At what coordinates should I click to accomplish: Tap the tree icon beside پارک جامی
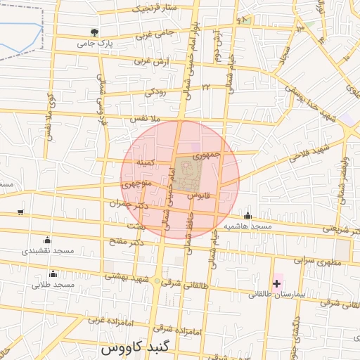(94, 32)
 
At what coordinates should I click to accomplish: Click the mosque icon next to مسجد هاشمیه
(247, 217)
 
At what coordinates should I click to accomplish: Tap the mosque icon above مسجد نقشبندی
(47, 240)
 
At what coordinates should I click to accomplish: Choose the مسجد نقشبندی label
(47, 251)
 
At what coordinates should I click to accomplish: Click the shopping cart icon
(20, 212)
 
